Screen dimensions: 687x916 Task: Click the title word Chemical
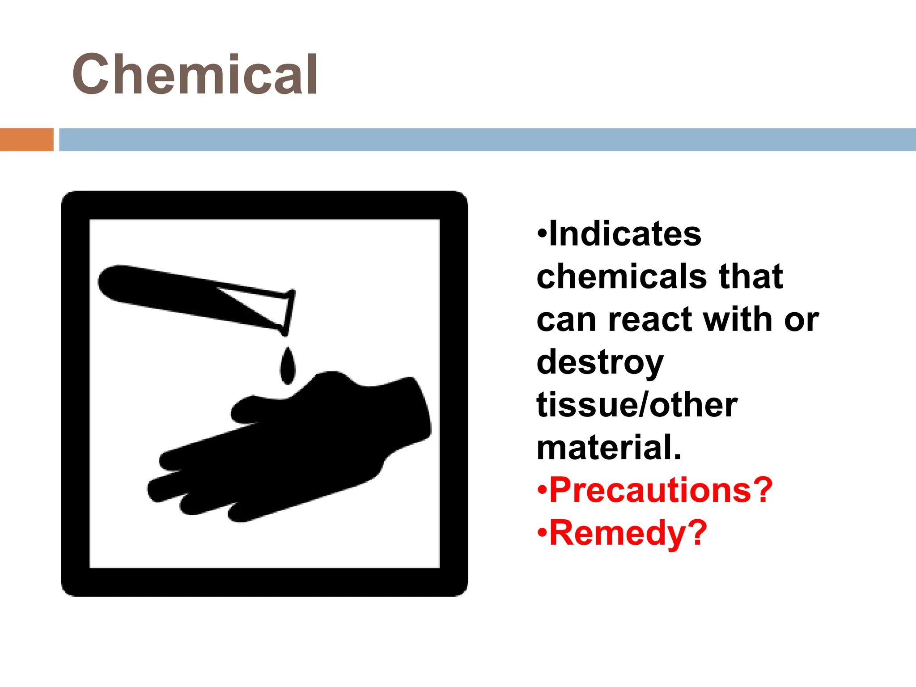[195, 74]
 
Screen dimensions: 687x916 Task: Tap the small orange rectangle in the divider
[26, 140]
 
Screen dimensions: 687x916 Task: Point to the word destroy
[600, 362]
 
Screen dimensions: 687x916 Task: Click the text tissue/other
[637, 405]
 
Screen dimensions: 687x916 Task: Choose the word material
[608, 447]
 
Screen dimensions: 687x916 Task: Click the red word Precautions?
[661, 490]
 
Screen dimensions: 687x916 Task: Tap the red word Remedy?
[628, 533]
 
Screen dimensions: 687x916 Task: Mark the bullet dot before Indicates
[542, 233]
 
